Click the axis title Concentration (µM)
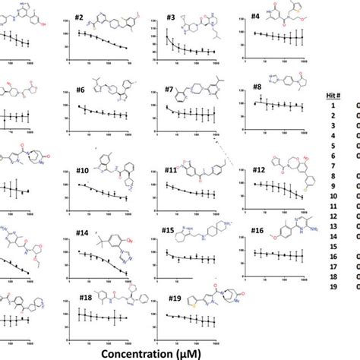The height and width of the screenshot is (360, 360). pyautogui.click(x=177, y=351)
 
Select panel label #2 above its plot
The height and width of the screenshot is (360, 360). pyautogui.click(x=80, y=16)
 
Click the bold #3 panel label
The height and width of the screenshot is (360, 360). pyautogui.click(x=171, y=17)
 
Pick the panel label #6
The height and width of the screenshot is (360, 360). pyautogui.click(x=80, y=90)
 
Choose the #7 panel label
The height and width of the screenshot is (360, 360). pyautogui.click(x=169, y=90)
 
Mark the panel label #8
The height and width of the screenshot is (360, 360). pyautogui.click(x=257, y=87)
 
